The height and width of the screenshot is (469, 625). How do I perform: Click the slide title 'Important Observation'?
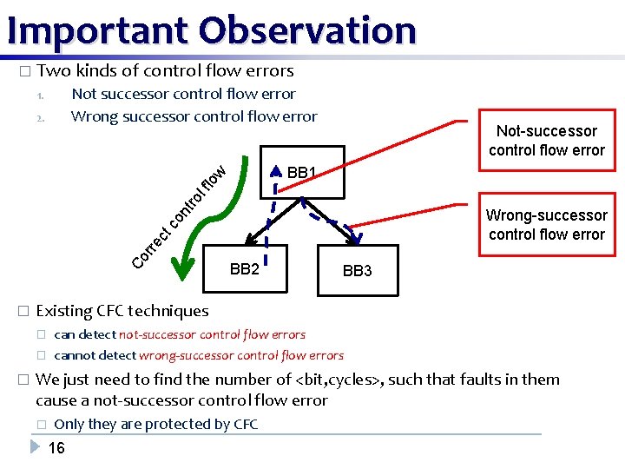[211, 30]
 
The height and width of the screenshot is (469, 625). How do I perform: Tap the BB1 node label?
[302, 173]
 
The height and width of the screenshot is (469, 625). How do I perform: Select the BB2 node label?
[244, 269]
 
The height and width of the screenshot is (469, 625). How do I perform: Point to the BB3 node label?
[357, 271]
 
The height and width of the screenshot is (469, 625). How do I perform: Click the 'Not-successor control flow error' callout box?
[546, 141]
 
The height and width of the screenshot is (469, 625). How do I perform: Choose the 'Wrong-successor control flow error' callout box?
[546, 225]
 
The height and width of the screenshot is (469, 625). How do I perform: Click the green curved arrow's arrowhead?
[182, 269]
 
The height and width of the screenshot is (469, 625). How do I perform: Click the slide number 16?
[56, 448]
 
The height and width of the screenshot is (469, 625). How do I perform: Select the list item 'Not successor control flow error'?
[183, 94]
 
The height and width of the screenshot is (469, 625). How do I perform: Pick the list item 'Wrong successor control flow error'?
[194, 116]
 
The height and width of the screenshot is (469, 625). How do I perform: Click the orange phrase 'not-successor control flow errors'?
[212, 334]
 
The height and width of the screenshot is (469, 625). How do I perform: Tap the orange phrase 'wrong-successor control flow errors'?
[241, 355]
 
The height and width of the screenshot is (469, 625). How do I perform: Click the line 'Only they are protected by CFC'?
[155, 424]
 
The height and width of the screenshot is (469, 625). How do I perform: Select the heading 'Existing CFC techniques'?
[122, 311]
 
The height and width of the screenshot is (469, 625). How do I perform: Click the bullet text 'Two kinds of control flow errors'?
[166, 71]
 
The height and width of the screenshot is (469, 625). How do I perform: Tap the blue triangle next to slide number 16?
[35, 447]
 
